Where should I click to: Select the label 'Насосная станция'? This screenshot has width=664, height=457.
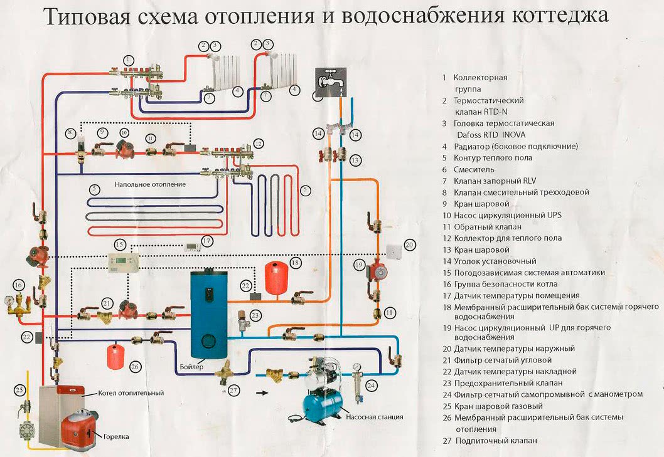click(373, 416)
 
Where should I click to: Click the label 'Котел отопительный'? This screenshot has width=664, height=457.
click(131, 393)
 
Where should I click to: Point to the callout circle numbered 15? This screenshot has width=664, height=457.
click(120, 244)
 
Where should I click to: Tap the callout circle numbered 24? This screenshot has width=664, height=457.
click(372, 385)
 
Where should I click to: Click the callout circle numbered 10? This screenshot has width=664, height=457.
click(124, 134)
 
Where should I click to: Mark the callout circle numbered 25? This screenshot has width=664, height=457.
click(19, 390)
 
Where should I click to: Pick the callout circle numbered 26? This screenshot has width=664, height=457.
click(134, 367)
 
